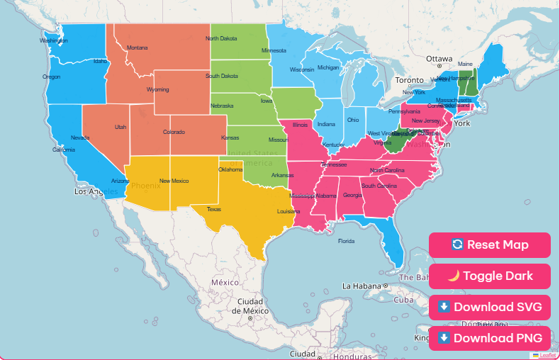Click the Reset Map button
coord(489,245)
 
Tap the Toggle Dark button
coord(489,276)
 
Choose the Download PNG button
coord(489,337)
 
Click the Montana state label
coord(138,48)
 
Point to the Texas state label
coord(214,209)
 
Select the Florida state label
coord(346,241)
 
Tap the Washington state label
coord(53,40)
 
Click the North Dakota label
coord(221,38)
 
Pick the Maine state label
coord(465,64)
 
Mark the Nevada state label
coord(80,137)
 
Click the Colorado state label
coord(174,132)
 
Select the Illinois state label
coord(301,125)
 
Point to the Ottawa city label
coord(439,59)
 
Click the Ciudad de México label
coord(253,306)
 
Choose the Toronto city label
coord(409,80)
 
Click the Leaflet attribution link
coord(547,355)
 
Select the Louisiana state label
coord(288,211)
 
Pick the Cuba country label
coord(403,299)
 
